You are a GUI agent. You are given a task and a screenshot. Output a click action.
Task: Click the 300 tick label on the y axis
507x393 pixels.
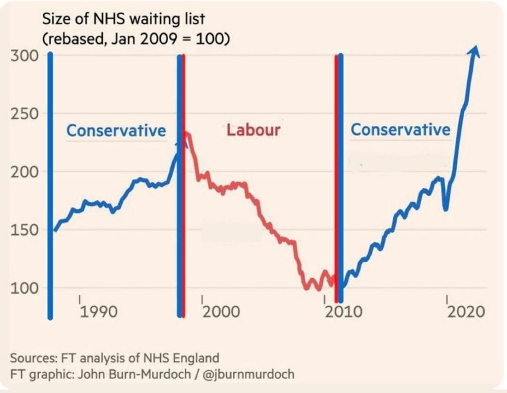24,55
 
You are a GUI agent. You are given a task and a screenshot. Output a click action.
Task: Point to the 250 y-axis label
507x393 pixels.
24,113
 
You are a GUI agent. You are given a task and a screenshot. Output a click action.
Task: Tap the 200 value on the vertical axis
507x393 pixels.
24,172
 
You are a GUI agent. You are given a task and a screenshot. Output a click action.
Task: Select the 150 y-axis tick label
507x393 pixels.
24,230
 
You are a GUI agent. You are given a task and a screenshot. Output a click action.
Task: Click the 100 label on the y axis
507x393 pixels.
24,288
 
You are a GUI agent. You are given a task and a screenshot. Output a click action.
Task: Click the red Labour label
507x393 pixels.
253,130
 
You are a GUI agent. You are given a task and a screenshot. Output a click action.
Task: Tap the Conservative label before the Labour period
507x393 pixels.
116,130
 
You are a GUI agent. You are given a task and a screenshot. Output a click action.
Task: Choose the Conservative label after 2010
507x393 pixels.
401,130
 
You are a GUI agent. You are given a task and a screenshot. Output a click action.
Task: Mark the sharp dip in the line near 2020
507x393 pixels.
446,209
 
